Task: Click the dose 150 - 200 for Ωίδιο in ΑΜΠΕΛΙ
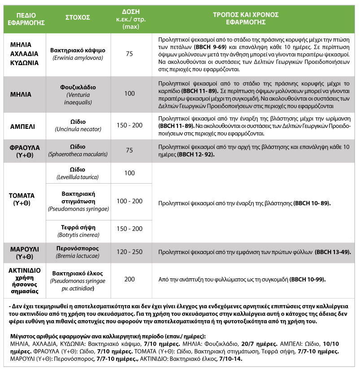tap(129, 125)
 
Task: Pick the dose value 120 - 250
tap(129, 252)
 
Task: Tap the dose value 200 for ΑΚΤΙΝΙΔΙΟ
tap(129, 279)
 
